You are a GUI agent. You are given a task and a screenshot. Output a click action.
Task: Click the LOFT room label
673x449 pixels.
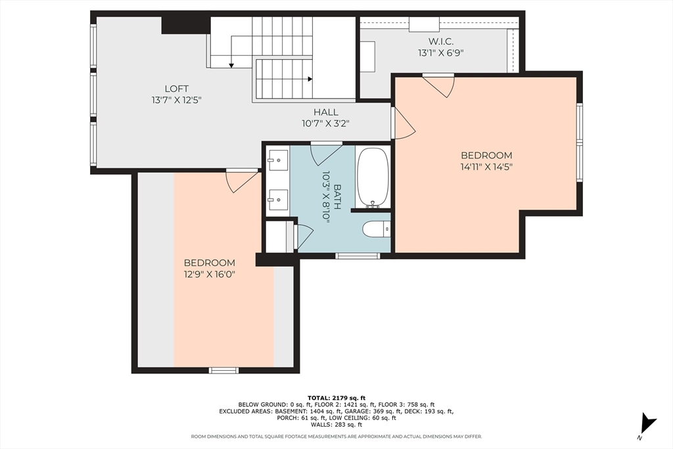(176, 89)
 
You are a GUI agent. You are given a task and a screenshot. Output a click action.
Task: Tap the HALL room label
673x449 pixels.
(326, 112)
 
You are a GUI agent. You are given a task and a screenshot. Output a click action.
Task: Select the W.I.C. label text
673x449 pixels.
(441, 41)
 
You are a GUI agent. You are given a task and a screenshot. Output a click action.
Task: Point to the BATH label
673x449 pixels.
(337, 197)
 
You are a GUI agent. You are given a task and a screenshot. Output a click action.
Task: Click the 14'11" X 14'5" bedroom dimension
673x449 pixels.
(486, 167)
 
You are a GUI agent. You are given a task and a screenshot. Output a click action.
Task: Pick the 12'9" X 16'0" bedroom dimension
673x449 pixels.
(210, 274)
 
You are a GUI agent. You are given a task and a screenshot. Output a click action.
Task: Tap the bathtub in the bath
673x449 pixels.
(373, 177)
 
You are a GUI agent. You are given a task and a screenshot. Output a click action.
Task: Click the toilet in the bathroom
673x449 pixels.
(376, 229)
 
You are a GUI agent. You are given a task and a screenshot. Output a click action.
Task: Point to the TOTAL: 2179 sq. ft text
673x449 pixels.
(336, 398)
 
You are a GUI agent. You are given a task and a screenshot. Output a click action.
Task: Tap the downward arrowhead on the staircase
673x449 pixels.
(231, 65)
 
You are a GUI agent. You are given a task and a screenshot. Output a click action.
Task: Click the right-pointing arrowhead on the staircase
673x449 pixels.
(310, 79)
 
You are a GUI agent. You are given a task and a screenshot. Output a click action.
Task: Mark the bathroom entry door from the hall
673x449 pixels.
(326, 153)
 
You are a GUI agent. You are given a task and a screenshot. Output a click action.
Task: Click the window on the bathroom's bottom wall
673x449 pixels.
(358, 256)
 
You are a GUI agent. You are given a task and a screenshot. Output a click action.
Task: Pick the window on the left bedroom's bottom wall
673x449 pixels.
(223, 370)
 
